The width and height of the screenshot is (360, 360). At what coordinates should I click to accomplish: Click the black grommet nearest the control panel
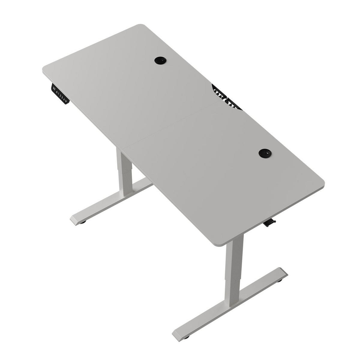[x=160, y=60]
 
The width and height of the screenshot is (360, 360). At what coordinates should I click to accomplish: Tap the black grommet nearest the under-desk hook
[x=265, y=153]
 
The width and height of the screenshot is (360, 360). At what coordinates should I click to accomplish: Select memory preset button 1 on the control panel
[x=58, y=94]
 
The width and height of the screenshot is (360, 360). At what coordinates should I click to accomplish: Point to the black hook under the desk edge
[x=270, y=223]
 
